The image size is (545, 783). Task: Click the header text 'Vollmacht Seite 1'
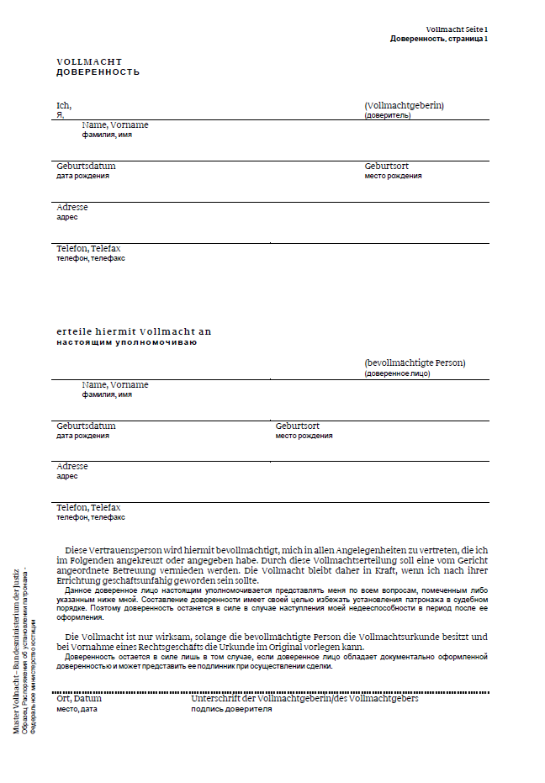pyautogui.click(x=457, y=29)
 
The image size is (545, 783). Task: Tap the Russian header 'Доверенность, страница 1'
pyautogui.click(x=439, y=39)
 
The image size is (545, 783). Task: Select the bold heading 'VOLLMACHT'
pyautogui.click(x=89, y=62)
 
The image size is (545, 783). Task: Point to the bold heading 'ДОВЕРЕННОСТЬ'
pyautogui.click(x=98, y=72)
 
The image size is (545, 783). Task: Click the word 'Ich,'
pyautogui.click(x=64, y=105)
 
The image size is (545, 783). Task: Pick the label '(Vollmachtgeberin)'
pyautogui.click(x=404, y=105)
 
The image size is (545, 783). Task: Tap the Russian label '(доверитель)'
pyautogui.click(x=388, y=115)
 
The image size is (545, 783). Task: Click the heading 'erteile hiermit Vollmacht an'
pyautogui.click(x=134, y=331)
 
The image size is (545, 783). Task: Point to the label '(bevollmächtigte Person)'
pyautogui.click(x=415, y=362)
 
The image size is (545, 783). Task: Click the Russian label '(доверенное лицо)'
pyautogui.click(x=397, y=373)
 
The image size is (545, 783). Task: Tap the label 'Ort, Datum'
pyautogui.click(x=79, y=699)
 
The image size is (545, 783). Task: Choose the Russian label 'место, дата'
pyautogui.click(x=77, y=709)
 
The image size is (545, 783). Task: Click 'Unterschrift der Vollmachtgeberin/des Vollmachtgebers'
pyautogui.click(x=304, y=699)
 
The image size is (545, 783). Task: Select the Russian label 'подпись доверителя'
pyautogui.click(x=231, y=709)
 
